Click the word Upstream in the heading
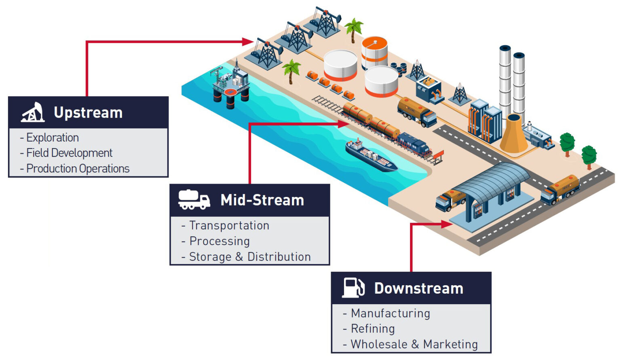point(88,112)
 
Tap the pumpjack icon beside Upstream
point(33,112)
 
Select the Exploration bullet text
point(53,138)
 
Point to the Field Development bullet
point(69,153)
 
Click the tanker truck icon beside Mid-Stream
point(194,200)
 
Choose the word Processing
point(220,241)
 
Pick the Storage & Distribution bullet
point(250,257)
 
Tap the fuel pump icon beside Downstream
point(353,288)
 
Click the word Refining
point(373,328)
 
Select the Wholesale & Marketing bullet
point(414,344)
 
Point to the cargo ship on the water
point(370,156)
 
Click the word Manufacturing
point(391,313)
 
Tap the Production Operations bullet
point(78,169)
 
